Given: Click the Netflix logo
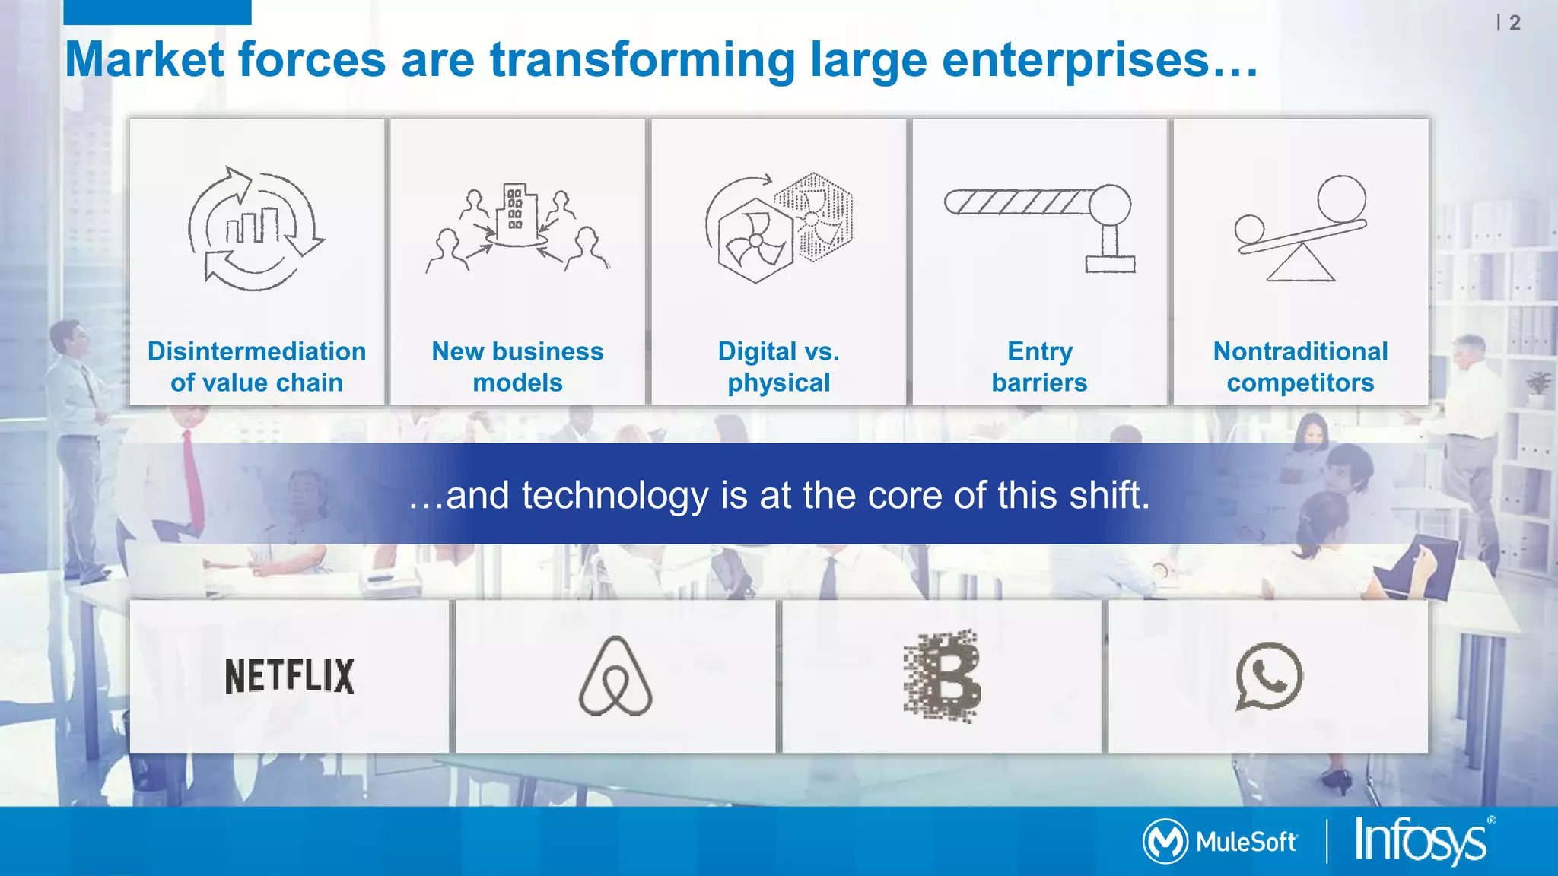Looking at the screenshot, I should coord(289,676).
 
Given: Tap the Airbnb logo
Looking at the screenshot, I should coord(615,676).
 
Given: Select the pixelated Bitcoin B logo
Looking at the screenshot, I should coord(943,675).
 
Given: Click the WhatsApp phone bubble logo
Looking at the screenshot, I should coord(1269,676).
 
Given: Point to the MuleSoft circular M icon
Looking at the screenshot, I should coord(1165,841).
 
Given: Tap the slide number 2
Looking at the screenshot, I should coord(1514,23).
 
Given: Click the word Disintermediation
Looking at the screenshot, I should coord(256,351).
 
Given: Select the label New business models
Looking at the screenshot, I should coord(517,367).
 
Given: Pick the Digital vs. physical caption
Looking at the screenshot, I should coord(778,367).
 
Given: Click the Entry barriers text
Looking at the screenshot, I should coord(1039,367).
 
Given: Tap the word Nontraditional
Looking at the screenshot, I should coord(1300,351).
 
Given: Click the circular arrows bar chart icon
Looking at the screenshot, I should coord(255,228).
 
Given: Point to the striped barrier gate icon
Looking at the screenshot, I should coord(1019,202).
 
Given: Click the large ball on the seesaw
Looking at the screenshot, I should coord(1341,198).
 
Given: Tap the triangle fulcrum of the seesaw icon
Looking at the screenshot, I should coord(1300,264).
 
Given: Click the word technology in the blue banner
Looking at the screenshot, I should coord(615,495).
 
